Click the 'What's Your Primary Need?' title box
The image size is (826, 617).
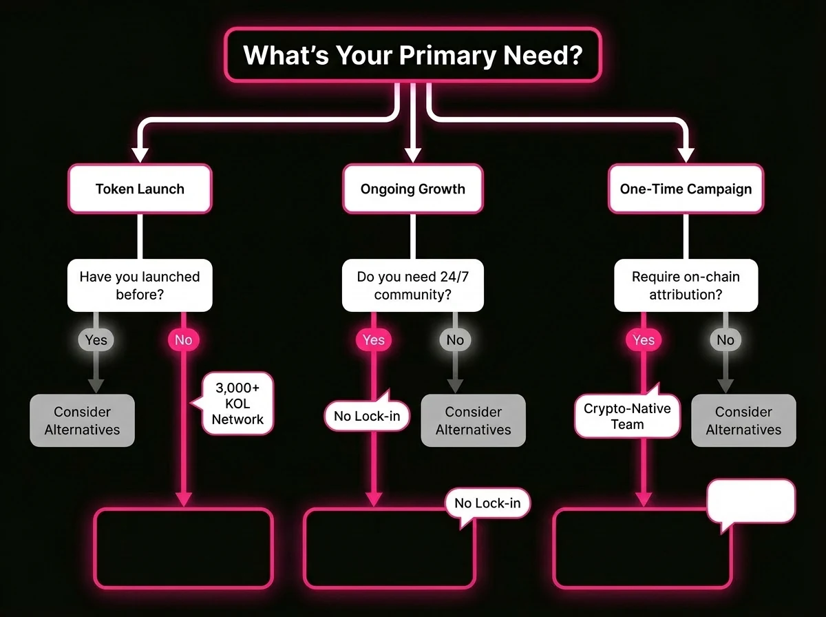pyautogui.click(x=413, y=54)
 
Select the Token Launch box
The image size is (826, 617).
pyautogui.click(x=140, y=189)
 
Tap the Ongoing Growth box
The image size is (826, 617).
pyautogui.click(x=413, y=189)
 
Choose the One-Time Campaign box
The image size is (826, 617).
pyautogui.click(x=686, y=189)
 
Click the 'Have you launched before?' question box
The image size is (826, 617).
pyautogui.click(x=140, y=285)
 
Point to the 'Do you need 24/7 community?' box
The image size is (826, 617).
pyautogui.click(x=413, y=285)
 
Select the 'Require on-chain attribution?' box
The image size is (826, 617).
pyautogui.click(x=686, y=285)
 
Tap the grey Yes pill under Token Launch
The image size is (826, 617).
pyautogui.click(x=96, y=340)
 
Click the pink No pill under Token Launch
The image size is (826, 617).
pyautogui.click(x=184, y=340)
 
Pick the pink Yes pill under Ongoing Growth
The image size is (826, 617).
pyautogui.click(x=374, y=340)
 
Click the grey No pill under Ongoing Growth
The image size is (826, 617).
pyautogui.click(x=456, y=340)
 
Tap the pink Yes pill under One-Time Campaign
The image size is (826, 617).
pyautogui.click(x=644, y=340)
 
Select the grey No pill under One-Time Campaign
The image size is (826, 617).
pyautogui.click(x=726, y=340)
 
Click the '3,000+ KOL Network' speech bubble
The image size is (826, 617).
pyautogui.click(x=237, y=404)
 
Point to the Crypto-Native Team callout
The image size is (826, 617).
pyautogui.click(x=627, y=416)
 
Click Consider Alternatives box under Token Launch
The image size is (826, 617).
pyautogui.click(x=82, y=421)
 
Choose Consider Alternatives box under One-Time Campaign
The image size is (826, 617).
pyautogui.click(x=743, y=421)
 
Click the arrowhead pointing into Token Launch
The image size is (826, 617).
pyautogui.click(x=140, y=155)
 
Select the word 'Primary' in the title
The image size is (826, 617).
pyautogui.click(x=447, y=55)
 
